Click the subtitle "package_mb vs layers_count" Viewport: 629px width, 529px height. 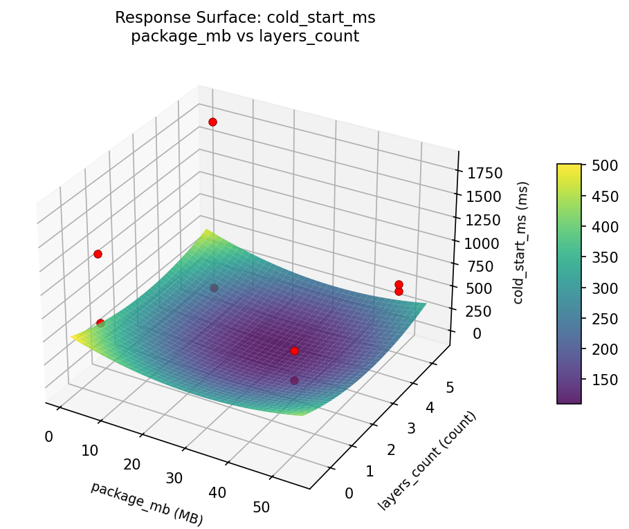245,37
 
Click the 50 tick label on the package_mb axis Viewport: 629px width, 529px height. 261,507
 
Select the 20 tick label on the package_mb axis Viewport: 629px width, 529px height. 133,464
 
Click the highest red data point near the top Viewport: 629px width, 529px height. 212,122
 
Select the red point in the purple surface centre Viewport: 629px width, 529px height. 294,351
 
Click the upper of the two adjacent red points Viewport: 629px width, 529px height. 399,284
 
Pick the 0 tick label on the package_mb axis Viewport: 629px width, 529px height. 48,436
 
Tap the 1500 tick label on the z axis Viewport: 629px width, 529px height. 485,196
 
